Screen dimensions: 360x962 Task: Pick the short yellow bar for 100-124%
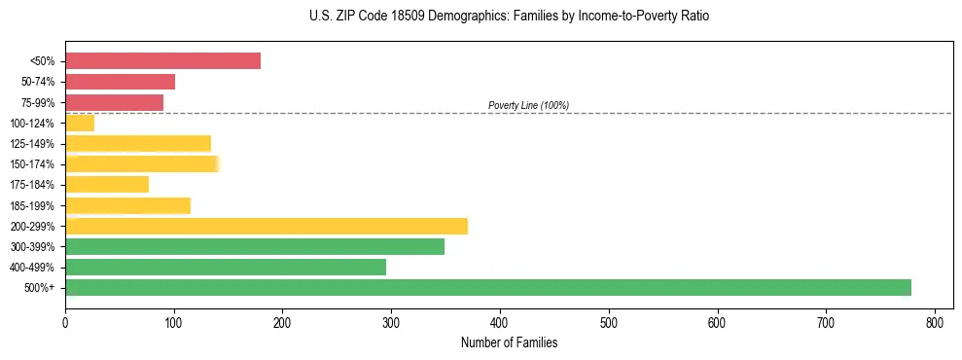point(80,123)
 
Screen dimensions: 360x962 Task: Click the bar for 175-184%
point(107,184)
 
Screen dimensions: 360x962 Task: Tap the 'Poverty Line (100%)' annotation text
point(528,105)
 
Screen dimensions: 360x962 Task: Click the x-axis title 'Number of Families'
point(509,342)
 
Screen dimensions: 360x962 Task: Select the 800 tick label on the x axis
point(935,323)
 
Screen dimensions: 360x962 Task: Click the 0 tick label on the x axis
point(65,323)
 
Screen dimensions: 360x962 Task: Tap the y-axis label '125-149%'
point(33,144)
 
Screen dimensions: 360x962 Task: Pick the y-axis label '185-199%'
point(33,205)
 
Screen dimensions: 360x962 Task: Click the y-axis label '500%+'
point(39,287)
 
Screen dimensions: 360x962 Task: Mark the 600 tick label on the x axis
point(717,323)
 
